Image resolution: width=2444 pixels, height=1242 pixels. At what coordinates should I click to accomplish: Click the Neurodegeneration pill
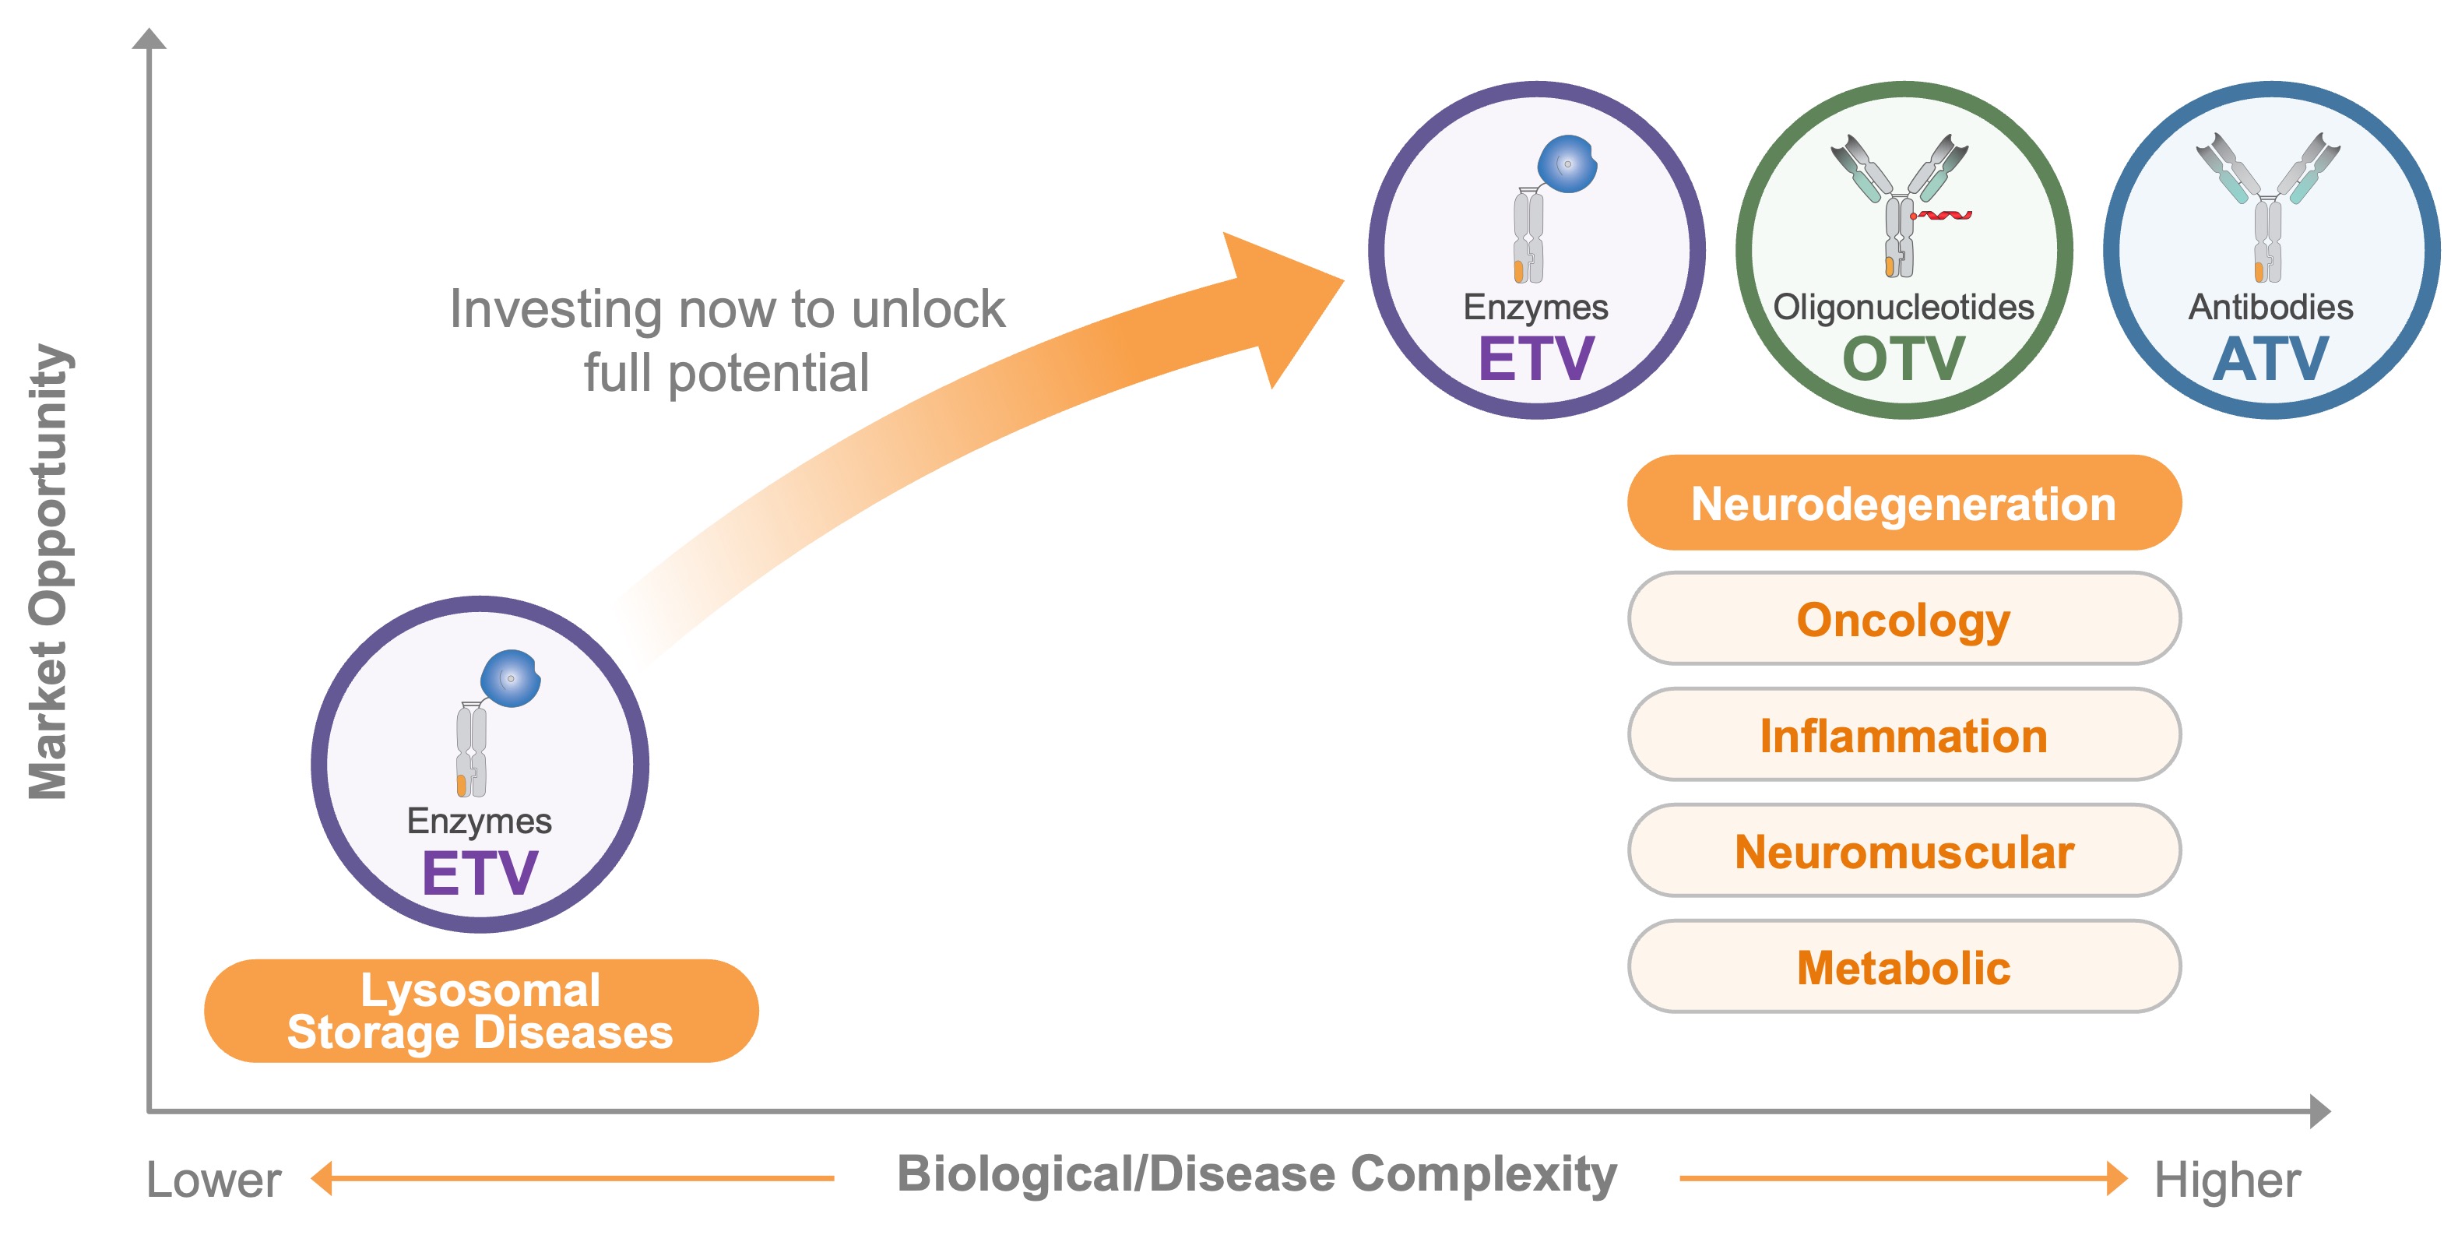click(x=1903, y=503)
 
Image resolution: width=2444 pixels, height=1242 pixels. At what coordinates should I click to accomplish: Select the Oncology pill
click(x=1903, y=620)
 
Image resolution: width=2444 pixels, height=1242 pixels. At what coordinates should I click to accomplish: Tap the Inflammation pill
click(x=1903, y=735)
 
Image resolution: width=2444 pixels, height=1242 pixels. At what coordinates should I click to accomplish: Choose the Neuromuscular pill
click(x=1903, y=851)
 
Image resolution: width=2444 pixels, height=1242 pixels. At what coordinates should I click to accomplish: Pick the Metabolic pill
click(x=1903, y=967)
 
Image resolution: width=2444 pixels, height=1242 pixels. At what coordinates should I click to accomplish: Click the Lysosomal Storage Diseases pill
click(x=480, y=1011)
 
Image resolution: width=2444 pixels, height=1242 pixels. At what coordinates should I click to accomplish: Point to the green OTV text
click(x=1903, y=359)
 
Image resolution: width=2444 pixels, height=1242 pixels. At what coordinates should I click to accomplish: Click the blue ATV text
click(x=2270, y=359)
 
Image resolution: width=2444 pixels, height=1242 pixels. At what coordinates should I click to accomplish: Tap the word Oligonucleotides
click(x=1903, y=307)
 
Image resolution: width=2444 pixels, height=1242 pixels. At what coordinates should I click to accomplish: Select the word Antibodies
click(x=2270, y=307)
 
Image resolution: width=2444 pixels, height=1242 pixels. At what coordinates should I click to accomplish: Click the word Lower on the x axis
click(x=213, y=1180)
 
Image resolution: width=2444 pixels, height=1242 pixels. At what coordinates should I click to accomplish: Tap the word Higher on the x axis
click(x=2227, y=1180)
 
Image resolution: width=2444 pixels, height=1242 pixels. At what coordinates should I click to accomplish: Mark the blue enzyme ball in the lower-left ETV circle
click(x=511, y=677)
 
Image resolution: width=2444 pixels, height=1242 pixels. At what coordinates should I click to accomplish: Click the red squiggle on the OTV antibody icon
click(x=1942, y=216)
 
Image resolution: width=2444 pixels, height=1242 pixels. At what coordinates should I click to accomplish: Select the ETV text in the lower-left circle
click(x=480, y=873)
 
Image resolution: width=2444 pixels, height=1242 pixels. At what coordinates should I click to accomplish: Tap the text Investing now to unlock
click(x=726, y=308)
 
